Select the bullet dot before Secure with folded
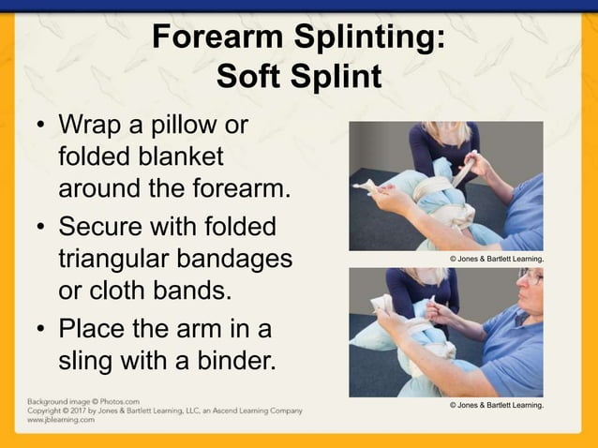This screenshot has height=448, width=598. coord(40,229)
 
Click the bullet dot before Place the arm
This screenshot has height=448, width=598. coord(40,331)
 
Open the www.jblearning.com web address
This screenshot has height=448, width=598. coord(60,420)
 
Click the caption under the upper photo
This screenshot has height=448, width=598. coord(497,259)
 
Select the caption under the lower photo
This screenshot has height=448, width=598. coord(497,405)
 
